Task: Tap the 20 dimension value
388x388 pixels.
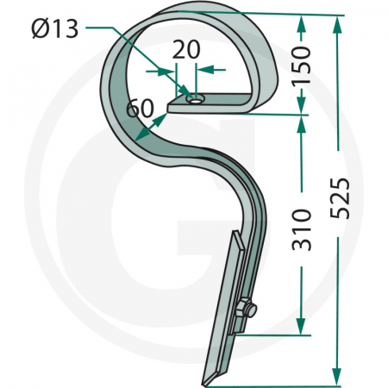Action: tap(185, 50)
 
